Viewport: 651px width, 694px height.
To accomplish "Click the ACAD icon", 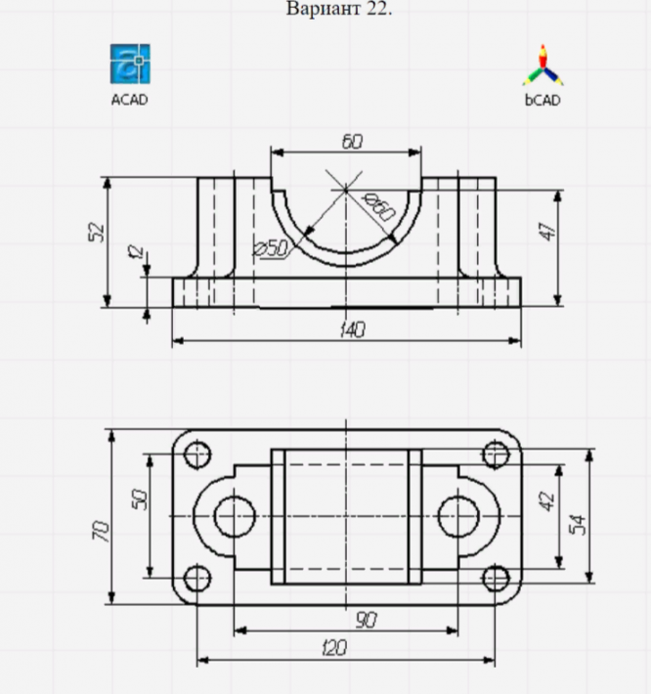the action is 130,65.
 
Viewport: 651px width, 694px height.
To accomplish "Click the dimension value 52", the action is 96,232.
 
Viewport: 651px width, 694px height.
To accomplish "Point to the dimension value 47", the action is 547,232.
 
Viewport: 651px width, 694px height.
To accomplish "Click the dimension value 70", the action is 99,532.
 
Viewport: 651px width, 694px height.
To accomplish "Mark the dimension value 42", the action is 547,501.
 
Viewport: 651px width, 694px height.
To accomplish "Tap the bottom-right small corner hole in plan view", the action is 497,577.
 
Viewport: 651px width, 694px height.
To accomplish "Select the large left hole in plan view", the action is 234,515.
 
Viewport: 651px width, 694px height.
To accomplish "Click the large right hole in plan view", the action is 459,515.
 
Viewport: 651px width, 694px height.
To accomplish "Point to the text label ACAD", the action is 130,99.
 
